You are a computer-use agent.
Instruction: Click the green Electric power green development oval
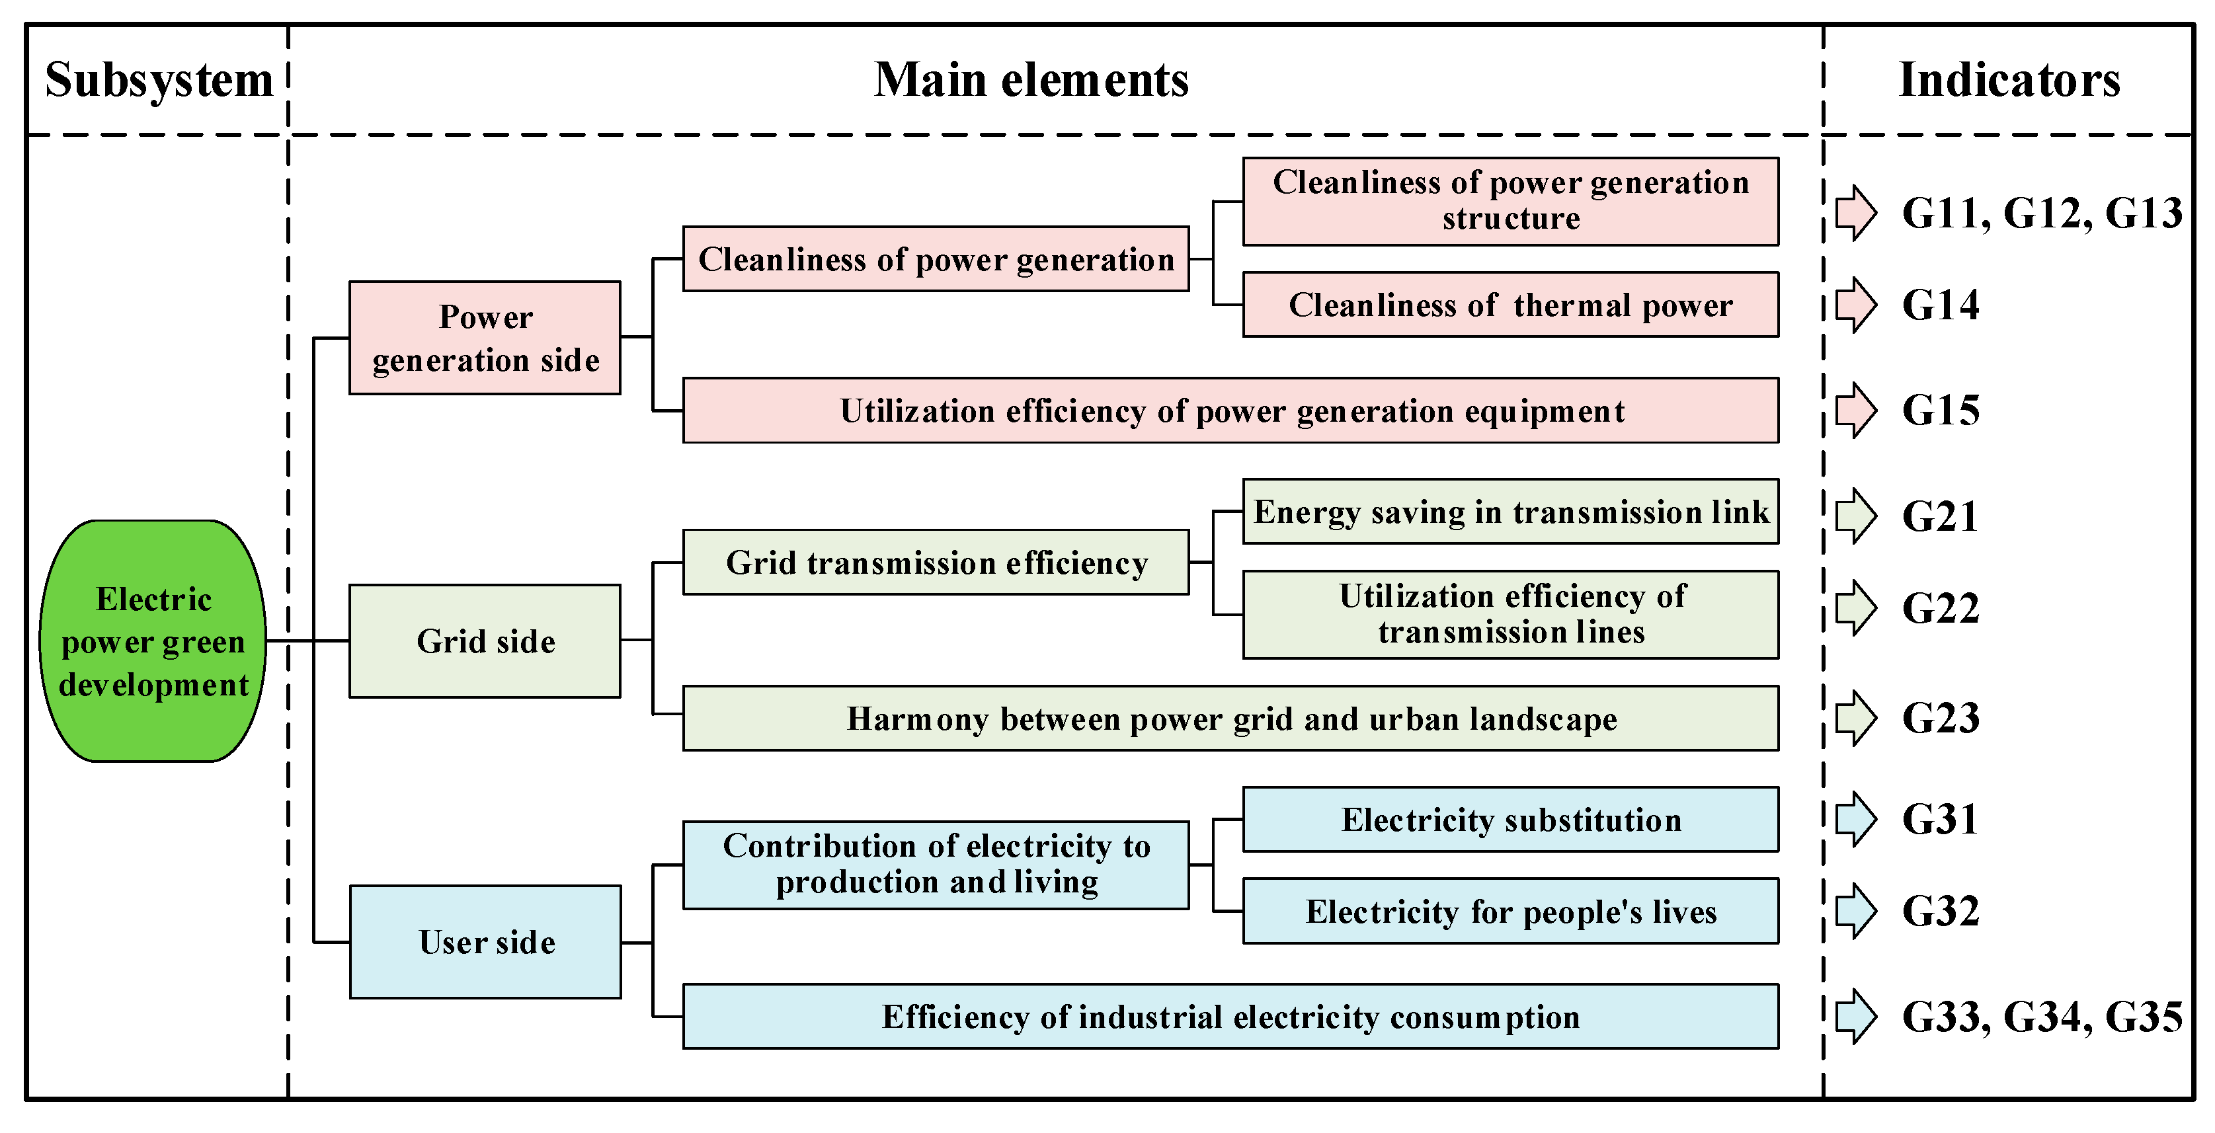153,641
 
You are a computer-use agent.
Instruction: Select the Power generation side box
485,338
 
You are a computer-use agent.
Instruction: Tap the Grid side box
485,641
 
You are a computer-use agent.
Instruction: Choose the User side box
486,942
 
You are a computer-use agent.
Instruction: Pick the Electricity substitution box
1511,820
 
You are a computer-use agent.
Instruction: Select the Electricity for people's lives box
1511,911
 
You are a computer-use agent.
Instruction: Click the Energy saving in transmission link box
1511,512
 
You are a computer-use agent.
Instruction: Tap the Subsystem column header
159,80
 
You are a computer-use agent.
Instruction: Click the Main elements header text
1031,80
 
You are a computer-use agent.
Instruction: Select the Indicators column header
2009,80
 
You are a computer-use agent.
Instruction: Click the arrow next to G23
1855,718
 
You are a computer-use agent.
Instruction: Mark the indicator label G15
1940,410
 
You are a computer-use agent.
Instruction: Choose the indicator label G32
1940,911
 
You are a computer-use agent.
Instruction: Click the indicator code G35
2143,1017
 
